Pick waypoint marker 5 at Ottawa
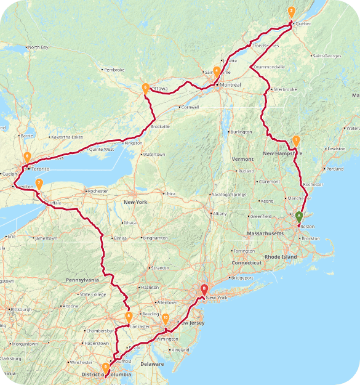pyautogui.click(x=145, y=89)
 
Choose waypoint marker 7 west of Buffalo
pyautogui.click(x=39, y=184)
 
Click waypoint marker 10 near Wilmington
pyautogui.click(x=166, y=319)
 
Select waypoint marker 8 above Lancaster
pyautogui.click(x=129, y=317)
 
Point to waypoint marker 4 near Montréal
pyautogui.click(x=217, y=71)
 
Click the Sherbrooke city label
pyautogui.click(x=285, y=89)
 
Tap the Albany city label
pyautogui.click(x=220, y=214)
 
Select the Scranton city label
pyautogui.click(x=160, y=268)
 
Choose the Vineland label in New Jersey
pyautogui.click(x=181, y=349)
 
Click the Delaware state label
pyautogui.click(x=151, y=364)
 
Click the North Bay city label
pyautogui.click(x=38, y=47)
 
